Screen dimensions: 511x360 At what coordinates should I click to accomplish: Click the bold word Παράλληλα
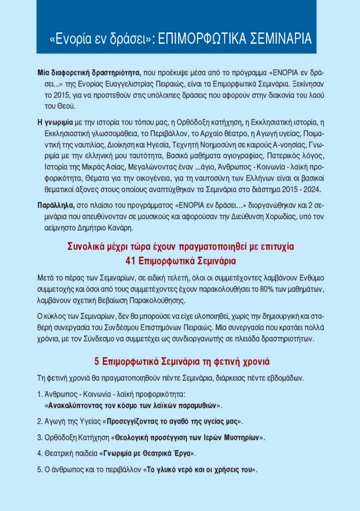click(x=56, y=205)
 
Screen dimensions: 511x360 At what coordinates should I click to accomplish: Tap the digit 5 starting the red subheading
click(x=97, y=361)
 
